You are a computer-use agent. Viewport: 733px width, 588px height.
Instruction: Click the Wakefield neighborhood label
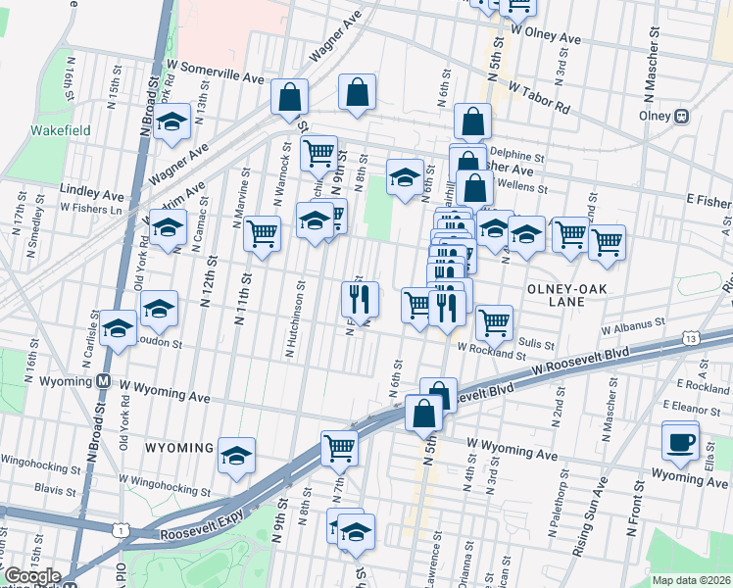tap(60, 129)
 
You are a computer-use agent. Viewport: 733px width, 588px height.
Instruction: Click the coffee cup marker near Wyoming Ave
tap(680, 440)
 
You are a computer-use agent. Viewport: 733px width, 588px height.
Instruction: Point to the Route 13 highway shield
tap(693, 338)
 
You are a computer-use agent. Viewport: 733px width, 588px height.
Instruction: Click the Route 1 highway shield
tap(120, 530)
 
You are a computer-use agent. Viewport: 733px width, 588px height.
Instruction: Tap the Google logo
tap(31, 576)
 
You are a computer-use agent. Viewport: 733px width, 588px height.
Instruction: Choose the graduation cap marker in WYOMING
tap(236, 456)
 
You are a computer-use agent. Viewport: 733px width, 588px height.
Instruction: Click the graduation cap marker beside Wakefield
tap(172, 122)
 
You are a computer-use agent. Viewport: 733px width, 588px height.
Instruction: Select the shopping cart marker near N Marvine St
tap(262, 234)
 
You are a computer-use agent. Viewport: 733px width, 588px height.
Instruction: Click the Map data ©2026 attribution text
tap(692, 580)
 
